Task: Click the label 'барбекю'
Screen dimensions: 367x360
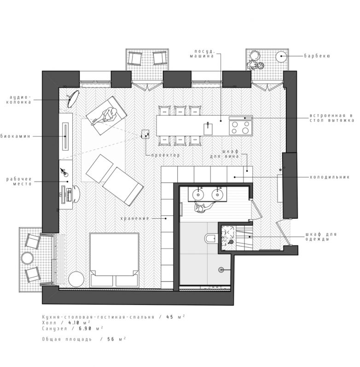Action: coord(317,57)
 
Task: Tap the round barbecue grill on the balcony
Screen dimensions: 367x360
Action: coord(281,57)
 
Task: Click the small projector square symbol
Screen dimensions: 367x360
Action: coord(145,134)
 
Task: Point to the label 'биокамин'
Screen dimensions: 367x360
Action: coord(16,136)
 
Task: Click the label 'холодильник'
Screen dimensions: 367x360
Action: coord(330,176)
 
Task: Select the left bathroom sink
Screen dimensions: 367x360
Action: coord(199,194)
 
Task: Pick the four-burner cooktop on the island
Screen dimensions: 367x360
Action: coord(240,126)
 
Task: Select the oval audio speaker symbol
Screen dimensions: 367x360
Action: coord(73,96)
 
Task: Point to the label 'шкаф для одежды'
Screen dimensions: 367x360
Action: coord(320,236)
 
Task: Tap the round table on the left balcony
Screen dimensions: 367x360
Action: coord(28,257)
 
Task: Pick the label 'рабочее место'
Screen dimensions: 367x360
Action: coord(19,181)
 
